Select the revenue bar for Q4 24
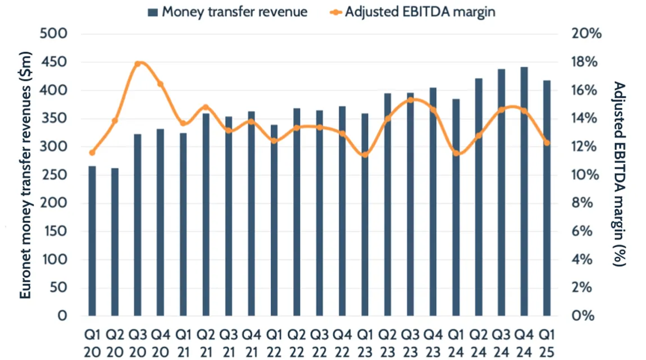524,191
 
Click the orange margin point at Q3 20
138,63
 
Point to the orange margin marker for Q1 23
365,154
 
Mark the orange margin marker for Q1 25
547,143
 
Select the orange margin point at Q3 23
411,100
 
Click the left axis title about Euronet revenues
26,175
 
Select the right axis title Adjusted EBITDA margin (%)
619,175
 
